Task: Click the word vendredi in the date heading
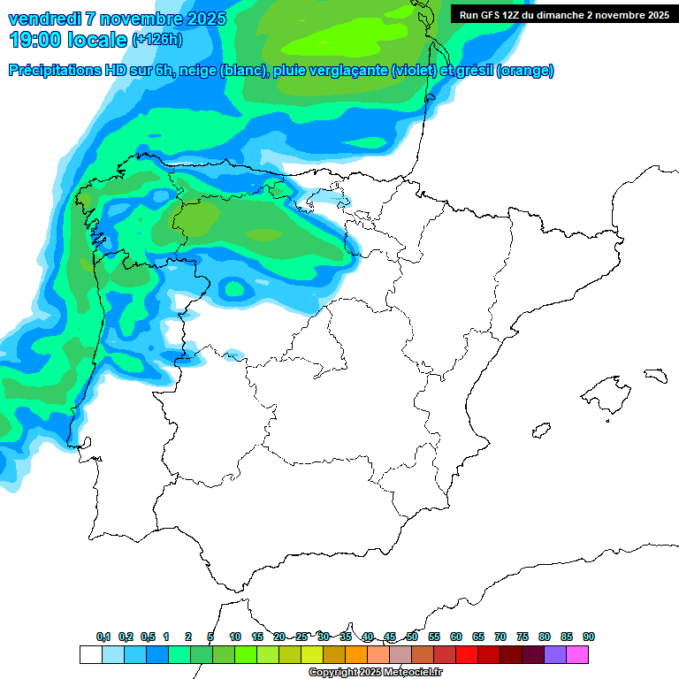[39, 19]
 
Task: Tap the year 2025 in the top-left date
[201, 19]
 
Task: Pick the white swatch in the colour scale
[90, 654]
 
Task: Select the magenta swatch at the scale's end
[578, 654]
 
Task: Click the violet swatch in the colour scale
[555, 654]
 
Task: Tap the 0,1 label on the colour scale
[103, 637]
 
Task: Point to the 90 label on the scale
[589, 637]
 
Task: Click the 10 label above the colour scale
[235, 637]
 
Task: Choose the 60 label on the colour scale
[456, 637]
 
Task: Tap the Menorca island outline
[655, 375]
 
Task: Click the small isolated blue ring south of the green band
[234, 287]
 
